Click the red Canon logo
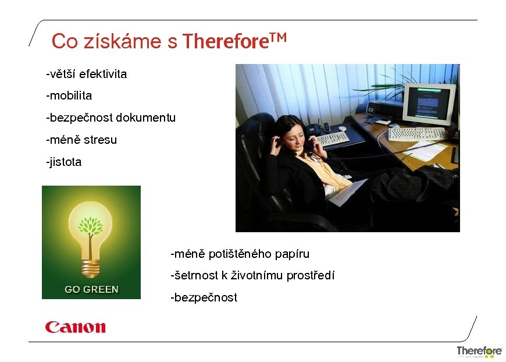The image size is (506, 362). click(76, 327)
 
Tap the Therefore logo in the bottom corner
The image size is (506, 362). click(479, 351)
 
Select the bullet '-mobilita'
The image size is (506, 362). click(69, 95)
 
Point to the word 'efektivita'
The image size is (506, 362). click(103, 74)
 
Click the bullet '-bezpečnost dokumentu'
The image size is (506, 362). click(111, 118)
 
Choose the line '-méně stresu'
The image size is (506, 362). click(81, 140)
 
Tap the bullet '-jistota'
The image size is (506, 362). click(64, 162)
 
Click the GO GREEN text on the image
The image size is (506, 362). click(91, 289)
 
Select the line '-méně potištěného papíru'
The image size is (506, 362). click(240, 254)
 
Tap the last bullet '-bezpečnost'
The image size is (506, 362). click(204, 297)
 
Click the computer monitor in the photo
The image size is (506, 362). click(428, 104)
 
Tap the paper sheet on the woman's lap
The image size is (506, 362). click(347, 192)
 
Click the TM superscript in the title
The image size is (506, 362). click(279, 38)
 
